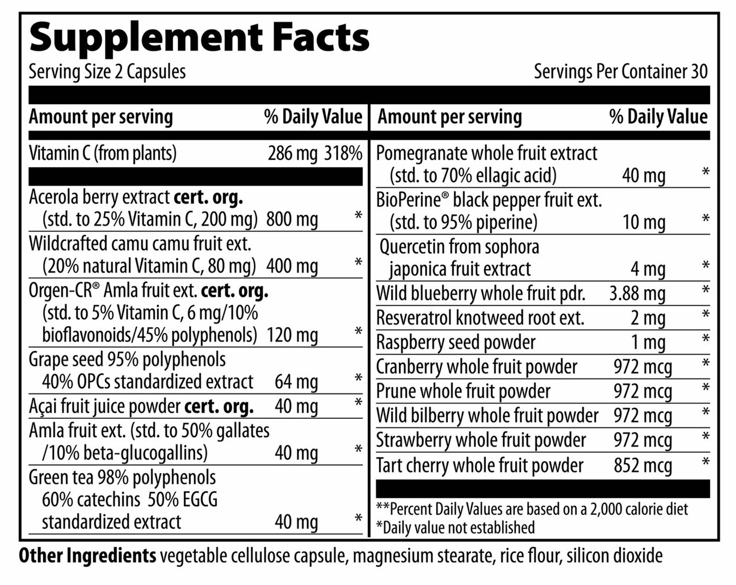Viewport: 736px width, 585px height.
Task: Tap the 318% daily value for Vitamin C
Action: [x=343, y=154]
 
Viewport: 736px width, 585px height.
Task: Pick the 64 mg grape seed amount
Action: [x=296, y=381]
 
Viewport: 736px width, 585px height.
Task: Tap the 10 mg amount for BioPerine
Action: [x=644, y=222]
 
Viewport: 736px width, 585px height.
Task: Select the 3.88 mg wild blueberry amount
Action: [x=637, y=293]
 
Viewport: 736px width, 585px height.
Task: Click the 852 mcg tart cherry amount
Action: [x=643, y=465]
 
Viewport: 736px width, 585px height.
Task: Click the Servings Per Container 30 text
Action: [x=620, y=72]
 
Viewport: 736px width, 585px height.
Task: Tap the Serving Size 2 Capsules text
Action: [x=107, y=72]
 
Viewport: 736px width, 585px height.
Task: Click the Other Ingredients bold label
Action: [x=87, y=556]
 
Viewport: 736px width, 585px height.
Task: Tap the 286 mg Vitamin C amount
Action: [x=293, y=154]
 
